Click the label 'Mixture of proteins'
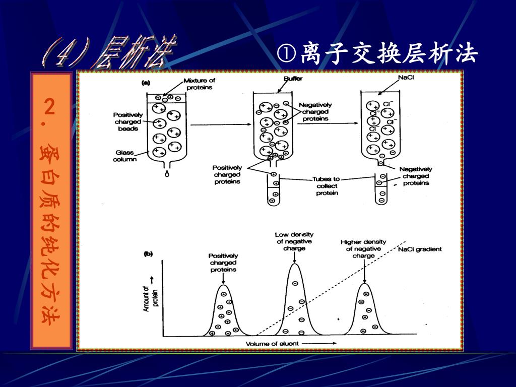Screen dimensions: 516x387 [x=199, y=84]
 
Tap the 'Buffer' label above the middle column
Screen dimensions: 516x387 [x=293, y=79]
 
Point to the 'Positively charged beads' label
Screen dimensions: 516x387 [x=128, y=121]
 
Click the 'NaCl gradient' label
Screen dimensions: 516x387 [x=420, y=249]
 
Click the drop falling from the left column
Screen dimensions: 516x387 [x=166, y=174]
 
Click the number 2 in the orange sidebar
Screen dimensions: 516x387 [x=49, y=107]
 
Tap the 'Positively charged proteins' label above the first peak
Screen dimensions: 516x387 [x=223, y=263]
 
